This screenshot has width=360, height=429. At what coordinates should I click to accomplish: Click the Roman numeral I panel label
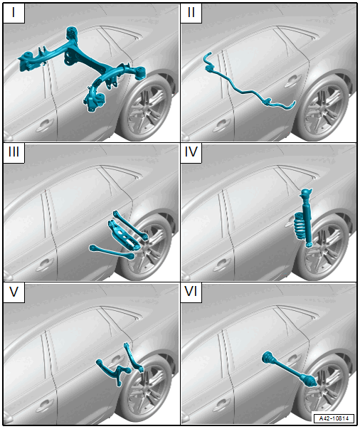pyautogui.click(x=14, y=12)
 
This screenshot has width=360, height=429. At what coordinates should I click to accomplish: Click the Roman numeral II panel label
pyautogui.click(x=191, y=12)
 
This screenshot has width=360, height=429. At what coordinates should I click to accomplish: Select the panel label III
pyautogui.click(x=14, y=152)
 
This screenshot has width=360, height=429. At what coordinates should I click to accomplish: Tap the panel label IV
pyautogui.click(x=191, y=152)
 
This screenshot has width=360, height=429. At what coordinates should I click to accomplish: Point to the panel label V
pyautogui.click(x=14, y=292)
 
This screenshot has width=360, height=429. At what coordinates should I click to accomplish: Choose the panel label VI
pyautogui.click(x=191, y=292)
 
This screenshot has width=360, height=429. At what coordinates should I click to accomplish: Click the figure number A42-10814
pyautogui.click(x=334, y=418)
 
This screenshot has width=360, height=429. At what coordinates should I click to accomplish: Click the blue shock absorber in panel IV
pyautogui.click(x=307, y=218)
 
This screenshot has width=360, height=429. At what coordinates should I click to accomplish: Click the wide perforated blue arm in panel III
pyautogui.click(x=123, y=235)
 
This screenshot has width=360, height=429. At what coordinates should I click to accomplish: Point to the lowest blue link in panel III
pyautogui.click(x=112, y=252)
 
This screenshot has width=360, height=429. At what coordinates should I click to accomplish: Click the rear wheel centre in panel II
pyautogui.click(x=323, y=109)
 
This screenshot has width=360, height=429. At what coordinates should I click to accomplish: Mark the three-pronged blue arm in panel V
pyautogui.click(x=115, y=371)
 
